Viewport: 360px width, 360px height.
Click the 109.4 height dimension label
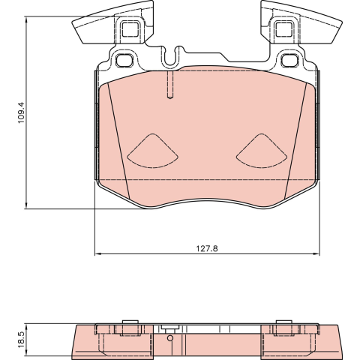(x=21, y=112)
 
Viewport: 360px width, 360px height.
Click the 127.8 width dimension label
(x=207, y=249)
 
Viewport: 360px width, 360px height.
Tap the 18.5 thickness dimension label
(x=21, y=339)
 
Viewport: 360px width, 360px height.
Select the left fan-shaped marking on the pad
(x=152, y=151)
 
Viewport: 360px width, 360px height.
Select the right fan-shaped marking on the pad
(x=262, y=151)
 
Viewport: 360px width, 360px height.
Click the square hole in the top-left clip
(x=130, y=29)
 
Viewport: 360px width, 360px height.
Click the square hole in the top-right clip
(x=284, y=29)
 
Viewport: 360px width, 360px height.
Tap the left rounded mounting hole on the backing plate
(x=124, y=60)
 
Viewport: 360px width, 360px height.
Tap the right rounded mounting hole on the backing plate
(x=289, y=60)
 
